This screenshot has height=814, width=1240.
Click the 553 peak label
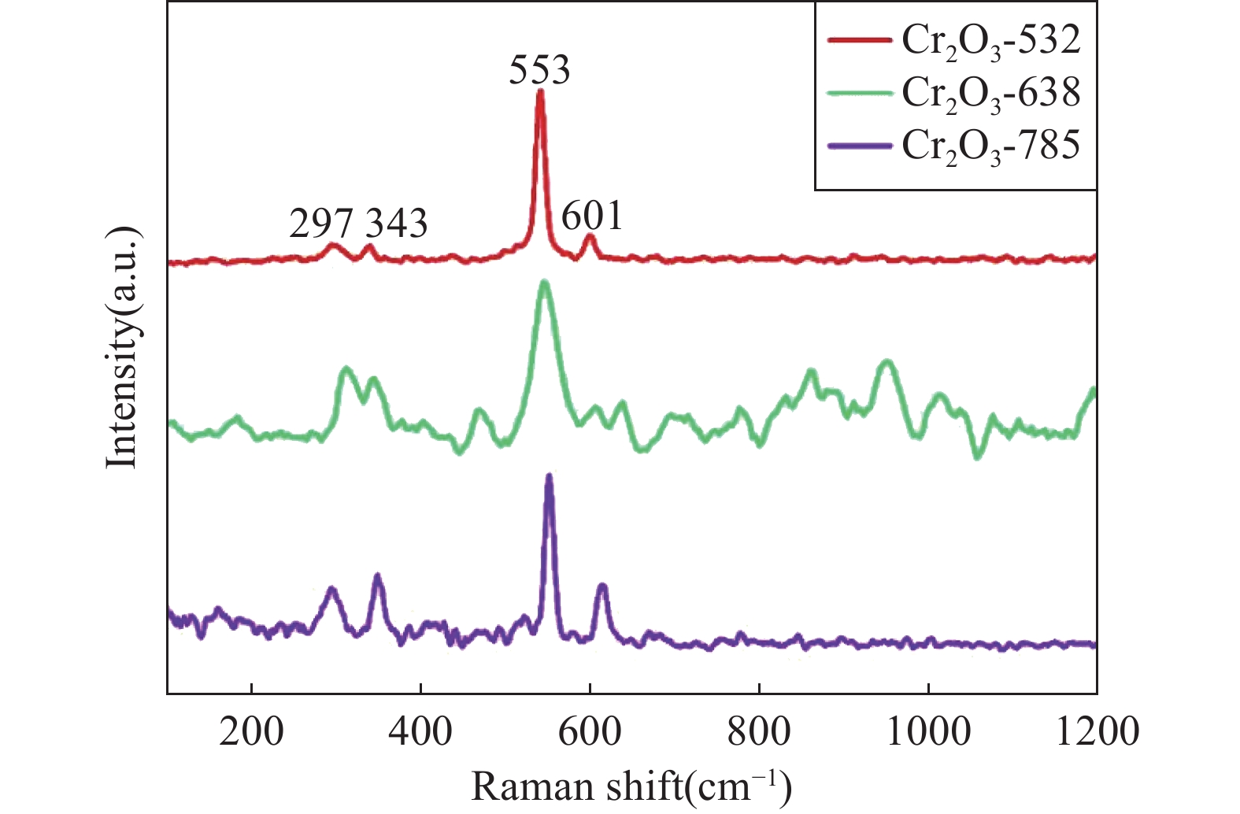tap(539, 70)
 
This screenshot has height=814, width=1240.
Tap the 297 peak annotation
tap(321, 224)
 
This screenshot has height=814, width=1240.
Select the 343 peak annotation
tap(397, 224)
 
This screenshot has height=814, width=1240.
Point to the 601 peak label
tap(592, 216)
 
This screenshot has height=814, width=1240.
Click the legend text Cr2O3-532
tap(991, 41)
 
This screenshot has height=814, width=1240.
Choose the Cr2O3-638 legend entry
tap(991, 94)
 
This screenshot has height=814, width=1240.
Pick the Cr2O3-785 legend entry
tap(991, 146)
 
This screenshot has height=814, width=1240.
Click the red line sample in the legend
tap(861, 39)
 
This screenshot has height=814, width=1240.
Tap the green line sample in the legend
tap(861, 93)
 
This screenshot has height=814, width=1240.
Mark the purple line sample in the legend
tap(861, 146)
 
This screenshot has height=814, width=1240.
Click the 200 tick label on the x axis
tap(251, 732)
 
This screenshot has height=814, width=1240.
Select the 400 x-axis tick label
tap(420, 732)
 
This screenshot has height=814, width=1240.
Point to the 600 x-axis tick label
tap(590, 732)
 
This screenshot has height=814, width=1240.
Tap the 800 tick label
tap(759, 732)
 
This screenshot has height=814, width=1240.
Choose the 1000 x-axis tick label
tap(928, 732)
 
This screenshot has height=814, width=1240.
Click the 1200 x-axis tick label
tap(1097, 732)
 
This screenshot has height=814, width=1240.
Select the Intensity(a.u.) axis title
tap(123, 347)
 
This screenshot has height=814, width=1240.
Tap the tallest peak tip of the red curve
tap(540, 93)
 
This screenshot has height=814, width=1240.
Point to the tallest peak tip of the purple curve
tap(549, 477)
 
